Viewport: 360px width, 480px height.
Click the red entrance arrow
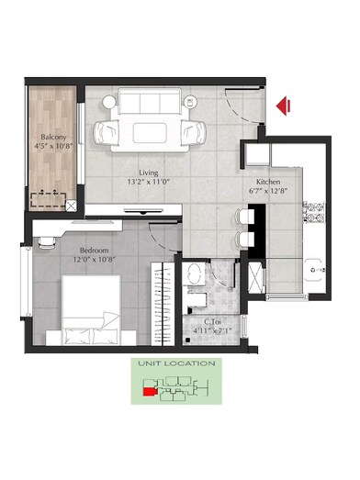tap(284, 106)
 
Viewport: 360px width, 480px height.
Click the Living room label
tap(149, 172)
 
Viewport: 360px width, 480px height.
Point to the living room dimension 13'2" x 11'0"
tap(149, 182)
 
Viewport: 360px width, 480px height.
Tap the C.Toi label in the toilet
tap(216, 319)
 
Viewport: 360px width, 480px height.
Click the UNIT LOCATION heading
tap(176, 363)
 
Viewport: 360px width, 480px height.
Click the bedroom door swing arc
tap(164, 240)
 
